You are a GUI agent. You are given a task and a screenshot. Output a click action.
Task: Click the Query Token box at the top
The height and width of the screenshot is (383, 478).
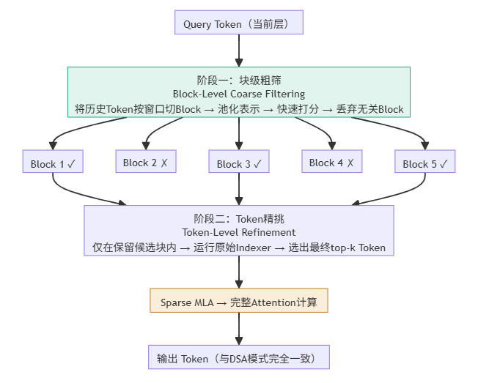(x=238, y=24)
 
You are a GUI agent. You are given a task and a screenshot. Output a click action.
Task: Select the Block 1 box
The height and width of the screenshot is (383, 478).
(x=53, y=163)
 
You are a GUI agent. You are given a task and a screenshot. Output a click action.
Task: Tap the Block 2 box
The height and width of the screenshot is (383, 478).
(x=145, y=163)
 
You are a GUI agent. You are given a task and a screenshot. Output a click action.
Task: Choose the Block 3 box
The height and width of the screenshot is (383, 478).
(x=239, y=163)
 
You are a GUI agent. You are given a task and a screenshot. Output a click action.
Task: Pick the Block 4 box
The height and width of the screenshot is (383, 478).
(x=331, y=163)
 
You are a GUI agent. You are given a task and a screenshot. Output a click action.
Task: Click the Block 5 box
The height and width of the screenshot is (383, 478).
(x=424, y=163)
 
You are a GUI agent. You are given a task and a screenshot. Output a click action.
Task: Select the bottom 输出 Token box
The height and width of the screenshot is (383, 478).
(x=238, y=359)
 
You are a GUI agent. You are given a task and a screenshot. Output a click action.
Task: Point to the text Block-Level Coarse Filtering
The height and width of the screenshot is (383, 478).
(x=239, y=94)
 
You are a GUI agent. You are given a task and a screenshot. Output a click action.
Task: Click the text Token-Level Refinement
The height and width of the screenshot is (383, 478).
(x=239, y=232)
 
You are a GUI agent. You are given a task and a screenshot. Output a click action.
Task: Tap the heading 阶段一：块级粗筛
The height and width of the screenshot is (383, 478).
(x=239, y=80)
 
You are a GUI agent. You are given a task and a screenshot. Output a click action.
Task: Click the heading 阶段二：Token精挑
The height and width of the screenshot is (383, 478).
(x=239, y=218)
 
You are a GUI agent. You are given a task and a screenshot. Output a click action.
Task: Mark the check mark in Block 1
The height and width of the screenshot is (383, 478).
(x=71, y=164)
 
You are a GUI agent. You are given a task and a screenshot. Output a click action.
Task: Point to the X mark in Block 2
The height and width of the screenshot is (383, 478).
(x=163, y=163)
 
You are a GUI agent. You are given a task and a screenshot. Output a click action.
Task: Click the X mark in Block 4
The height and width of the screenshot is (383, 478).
(x=350, y=163)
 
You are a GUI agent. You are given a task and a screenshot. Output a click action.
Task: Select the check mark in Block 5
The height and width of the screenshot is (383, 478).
(x=443, y=164)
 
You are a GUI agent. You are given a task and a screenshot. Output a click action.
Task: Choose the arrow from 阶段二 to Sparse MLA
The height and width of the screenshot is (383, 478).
(x=238, y=272)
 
